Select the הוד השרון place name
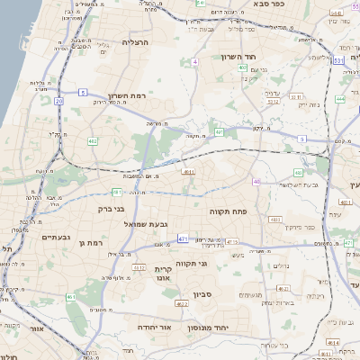pos(240,57)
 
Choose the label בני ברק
pos(108,209)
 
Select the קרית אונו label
pos(163,274)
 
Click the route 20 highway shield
pos(59,103)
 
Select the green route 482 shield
pos(93,141)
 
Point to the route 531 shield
pos(337,60)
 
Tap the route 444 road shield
pos(340,99)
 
